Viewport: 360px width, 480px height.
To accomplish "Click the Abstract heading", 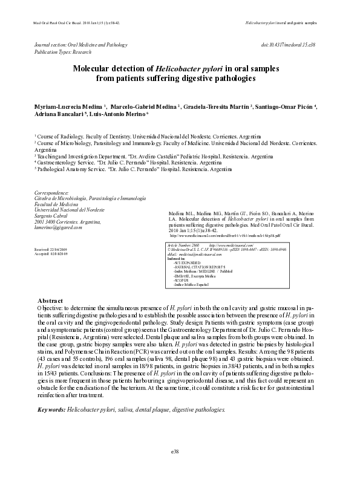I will click(50, 300).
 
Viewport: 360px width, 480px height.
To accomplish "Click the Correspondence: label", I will click(53, 193).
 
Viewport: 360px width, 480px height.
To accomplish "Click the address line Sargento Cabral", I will click(54, 216).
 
